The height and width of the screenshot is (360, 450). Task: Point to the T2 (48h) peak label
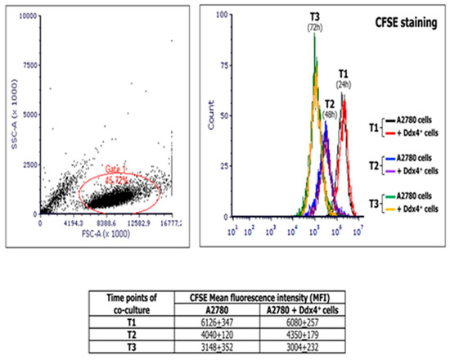328,110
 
